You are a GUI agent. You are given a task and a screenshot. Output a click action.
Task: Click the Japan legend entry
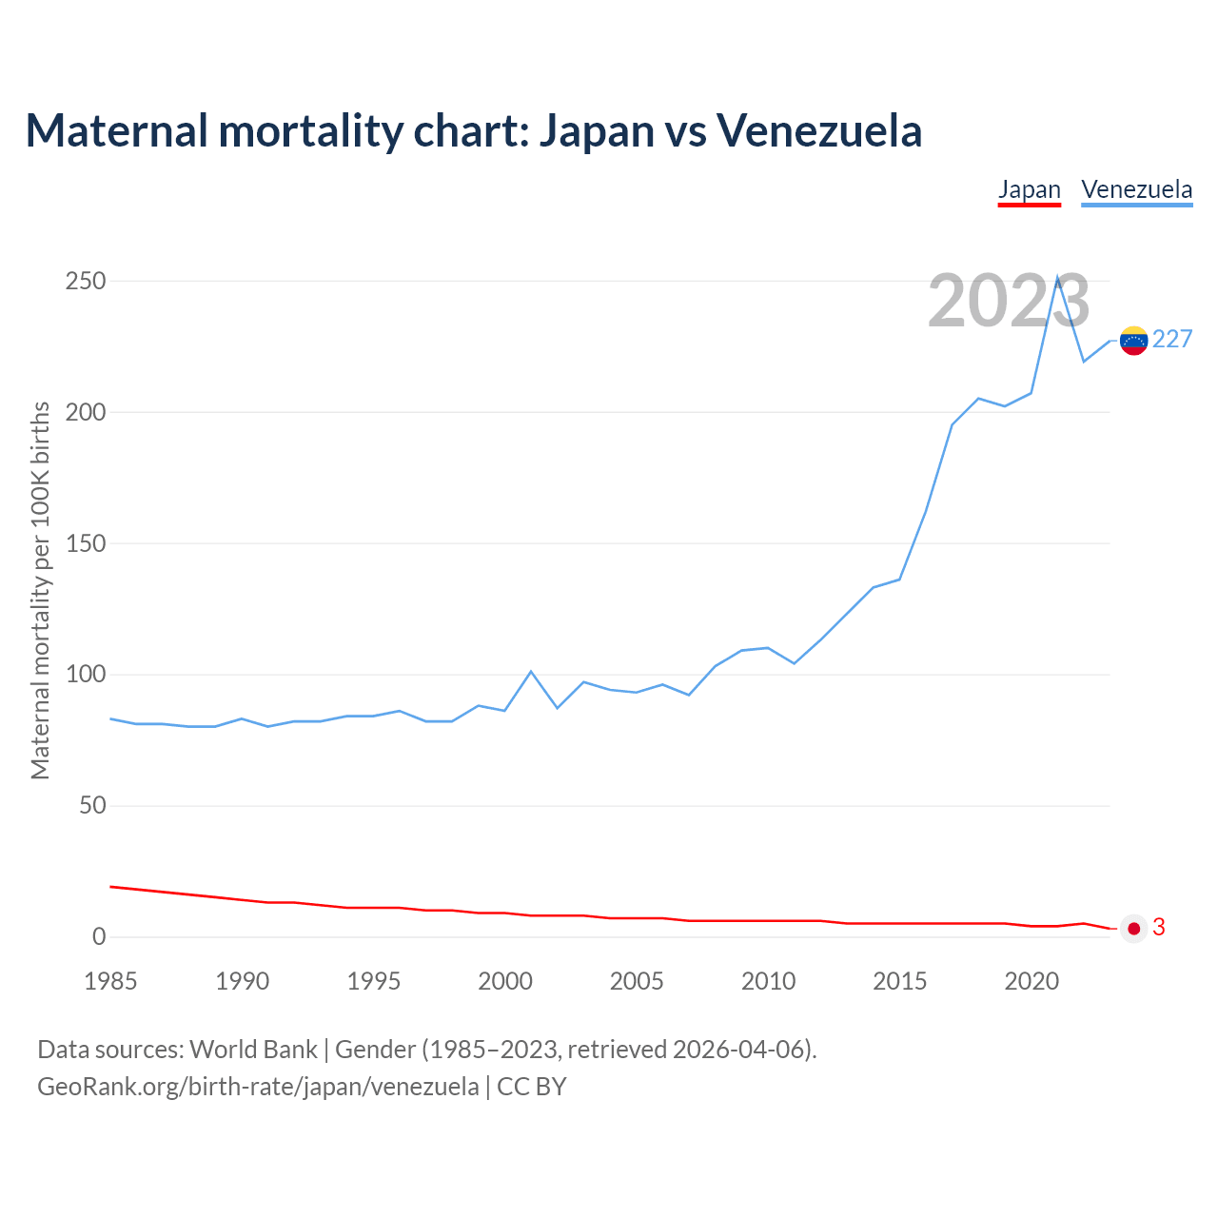pyautogui.click(x=1029, y=189)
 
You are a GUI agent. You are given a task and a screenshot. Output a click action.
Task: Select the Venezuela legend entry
pyautogui.click(x=1136, y=189)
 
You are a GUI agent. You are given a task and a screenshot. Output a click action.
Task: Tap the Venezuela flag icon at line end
pyautogui.click(x=1133, y=341)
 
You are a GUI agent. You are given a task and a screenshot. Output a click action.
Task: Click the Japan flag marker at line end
pyautogui.click(x=1133, y=929)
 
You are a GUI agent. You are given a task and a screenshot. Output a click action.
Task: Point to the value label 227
pyautogui.click(x=1172, y=340)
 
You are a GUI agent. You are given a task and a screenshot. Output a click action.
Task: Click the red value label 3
pyautogui.click(x=1159, y=928)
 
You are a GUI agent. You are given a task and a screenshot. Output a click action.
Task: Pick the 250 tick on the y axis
pyautogui.click(x=86, y=282)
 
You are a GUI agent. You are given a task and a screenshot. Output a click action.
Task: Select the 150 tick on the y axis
pyautogui.click(x=86, y=544)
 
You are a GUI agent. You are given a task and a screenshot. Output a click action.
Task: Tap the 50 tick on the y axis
pyautogui.click(x=92, y=806)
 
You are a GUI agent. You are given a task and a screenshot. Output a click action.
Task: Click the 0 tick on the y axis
pyautogui.click(x=99, y=937)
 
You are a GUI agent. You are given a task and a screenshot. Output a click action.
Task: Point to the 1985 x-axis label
pyautogui.click(x=110, y=982)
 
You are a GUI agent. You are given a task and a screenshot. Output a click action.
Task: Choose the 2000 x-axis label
pyautogui.click(x=505, y=982)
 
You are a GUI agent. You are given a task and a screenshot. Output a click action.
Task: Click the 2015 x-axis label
pyautogui.click(x=899, y=982)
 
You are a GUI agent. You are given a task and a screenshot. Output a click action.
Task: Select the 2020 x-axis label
pyautogui.click(x=1031, y=982)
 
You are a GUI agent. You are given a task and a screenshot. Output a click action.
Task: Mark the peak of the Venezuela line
pyautogui.click(x=1057, y=278)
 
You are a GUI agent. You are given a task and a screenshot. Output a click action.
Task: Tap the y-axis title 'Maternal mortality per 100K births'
pyautogui.click(x=40, y=590)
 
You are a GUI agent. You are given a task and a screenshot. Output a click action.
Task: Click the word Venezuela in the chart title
pyautogui.click(x=818, y=130)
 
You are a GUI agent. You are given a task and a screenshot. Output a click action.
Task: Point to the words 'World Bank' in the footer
pyautogui.click(x=253, y=1050)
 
